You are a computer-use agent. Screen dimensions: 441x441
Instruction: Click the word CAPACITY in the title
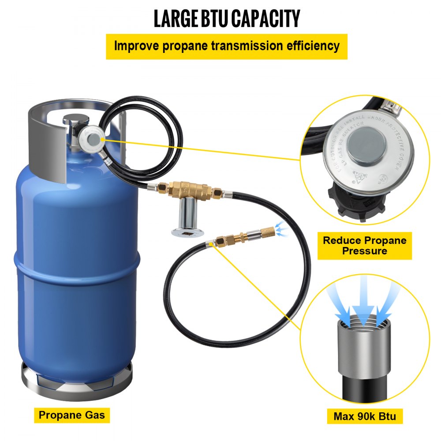pos(266,18)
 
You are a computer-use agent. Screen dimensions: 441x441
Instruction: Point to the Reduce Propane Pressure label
pos(364,246)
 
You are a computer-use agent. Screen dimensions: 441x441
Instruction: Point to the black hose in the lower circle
pos(361,390)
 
